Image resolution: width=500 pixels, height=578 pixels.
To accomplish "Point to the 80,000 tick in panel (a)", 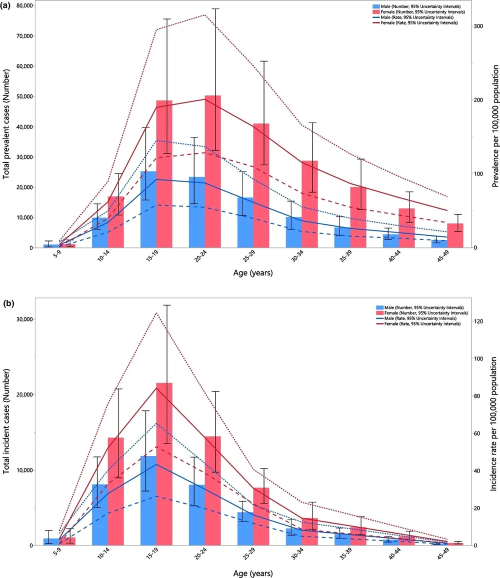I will [19, 6].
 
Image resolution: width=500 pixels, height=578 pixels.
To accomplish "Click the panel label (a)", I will [7, 5].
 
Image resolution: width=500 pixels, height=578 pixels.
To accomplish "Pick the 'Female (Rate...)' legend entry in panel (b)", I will [422, 324].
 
